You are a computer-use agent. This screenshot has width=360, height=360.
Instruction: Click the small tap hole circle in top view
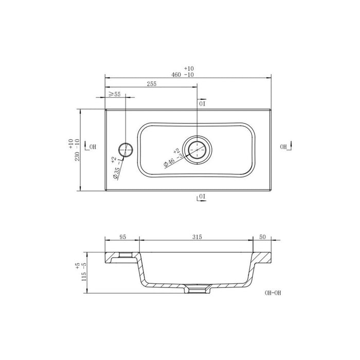pos(126,150)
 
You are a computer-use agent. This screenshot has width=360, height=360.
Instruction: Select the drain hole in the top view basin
pos(198,150)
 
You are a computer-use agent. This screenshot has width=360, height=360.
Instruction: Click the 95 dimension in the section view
pos(122,238)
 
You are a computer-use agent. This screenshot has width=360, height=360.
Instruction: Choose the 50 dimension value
pos(262,238)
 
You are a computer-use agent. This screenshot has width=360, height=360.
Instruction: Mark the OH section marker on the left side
pos(92,147)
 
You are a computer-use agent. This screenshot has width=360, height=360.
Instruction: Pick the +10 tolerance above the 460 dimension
pos(188,68)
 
